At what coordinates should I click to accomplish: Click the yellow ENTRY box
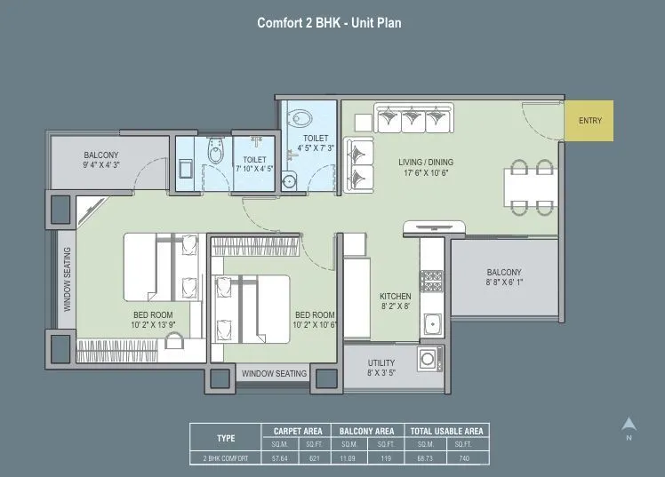589,121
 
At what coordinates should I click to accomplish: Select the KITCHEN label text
395,296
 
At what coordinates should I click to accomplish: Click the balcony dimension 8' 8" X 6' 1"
503,283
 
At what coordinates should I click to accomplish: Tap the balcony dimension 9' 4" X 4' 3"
100,165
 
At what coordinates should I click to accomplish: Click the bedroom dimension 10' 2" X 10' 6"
315,325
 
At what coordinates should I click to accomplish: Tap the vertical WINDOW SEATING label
68,279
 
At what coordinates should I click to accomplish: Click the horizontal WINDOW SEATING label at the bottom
274,374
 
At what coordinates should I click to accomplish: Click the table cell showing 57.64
278,458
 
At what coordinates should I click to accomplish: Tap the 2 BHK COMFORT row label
227,458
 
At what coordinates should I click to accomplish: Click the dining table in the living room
532,187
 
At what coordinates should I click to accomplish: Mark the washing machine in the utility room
429,360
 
